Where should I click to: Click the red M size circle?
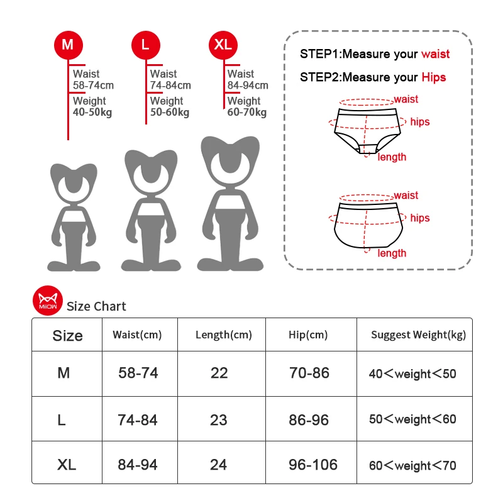(68, 45)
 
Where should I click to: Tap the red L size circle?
(145, 45)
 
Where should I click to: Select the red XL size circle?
(223, 45)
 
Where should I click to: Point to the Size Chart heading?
(96, 307)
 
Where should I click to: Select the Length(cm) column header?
(223, 334)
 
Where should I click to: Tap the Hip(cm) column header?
(308, 334)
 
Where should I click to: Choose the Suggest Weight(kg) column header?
(418, 334)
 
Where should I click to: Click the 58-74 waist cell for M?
(138, 373)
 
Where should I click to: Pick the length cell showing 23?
(219, 419)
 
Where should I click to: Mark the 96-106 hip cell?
(313, 465)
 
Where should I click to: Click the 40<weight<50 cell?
(412, 374)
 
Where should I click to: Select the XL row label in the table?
(67, 465)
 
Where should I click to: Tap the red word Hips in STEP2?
(433, 77)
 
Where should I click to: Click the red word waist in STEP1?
(435, 54)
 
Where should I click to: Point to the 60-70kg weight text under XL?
(247, 113)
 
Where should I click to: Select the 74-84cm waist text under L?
(170, 86)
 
